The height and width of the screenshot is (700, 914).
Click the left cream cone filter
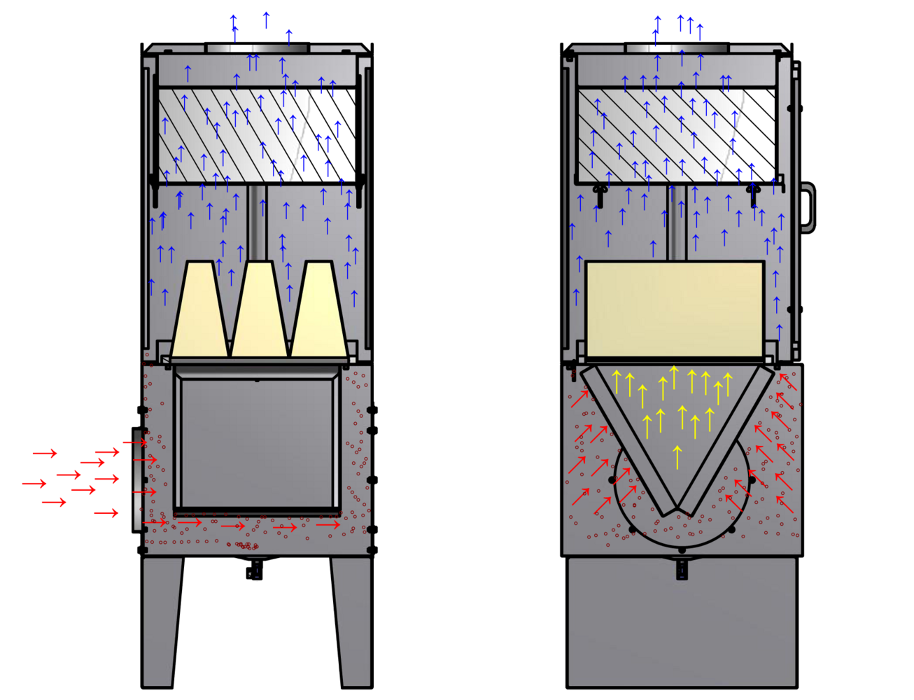(x=199, y=311)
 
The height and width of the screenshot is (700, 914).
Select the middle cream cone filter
(x=259, y=311)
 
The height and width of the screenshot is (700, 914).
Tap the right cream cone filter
(x=319, y=311)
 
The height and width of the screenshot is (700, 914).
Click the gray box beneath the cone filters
(x=258, y=441)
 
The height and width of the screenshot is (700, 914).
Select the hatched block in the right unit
(x=651, y=133)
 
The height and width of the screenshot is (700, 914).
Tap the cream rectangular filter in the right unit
(x=674, y=308)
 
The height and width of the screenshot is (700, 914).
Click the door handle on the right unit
(x=808, y=207)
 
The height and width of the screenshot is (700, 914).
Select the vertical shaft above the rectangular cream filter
(x=675, y=223)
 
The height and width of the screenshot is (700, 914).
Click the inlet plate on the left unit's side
(x=136, y=479)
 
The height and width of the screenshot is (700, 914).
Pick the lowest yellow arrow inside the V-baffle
(x=677, y=456)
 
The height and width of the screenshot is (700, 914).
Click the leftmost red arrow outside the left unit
(x=34, y=484)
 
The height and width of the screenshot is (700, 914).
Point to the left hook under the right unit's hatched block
(x=599, y=193)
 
